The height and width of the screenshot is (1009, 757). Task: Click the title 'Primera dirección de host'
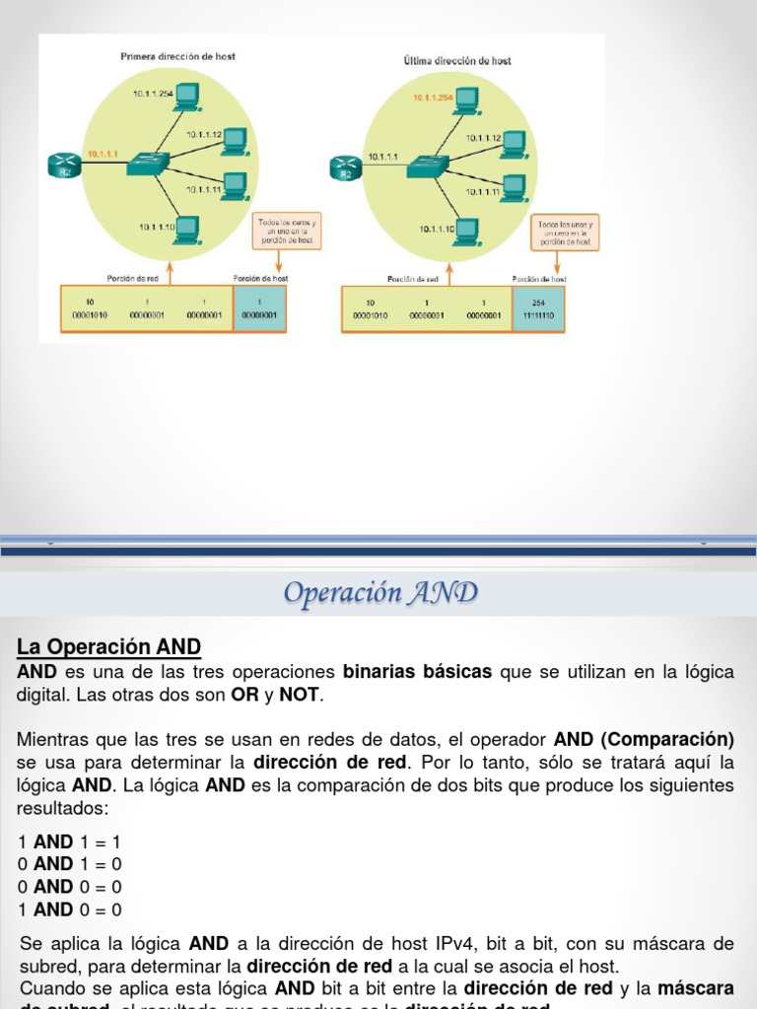[177, 57]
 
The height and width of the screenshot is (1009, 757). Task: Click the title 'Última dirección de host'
[457, 61]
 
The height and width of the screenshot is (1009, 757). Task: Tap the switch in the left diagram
[148, 163]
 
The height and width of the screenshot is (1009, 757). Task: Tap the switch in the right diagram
[429, 165]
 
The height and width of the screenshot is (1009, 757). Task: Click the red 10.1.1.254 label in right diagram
[433, 98]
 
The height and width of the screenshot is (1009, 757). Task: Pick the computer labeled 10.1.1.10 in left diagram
[185, 230]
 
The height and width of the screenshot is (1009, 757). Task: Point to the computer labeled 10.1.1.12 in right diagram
[513, 144]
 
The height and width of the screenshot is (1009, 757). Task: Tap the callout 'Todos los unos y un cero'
[565, 233]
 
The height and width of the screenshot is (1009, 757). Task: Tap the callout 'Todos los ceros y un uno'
[287, 231]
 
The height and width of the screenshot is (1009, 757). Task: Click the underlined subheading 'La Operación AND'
[108, 647]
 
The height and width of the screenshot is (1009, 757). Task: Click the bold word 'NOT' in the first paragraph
[300, 696]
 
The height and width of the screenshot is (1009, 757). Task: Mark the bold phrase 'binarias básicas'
[417, 672]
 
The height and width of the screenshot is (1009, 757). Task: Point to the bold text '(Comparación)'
[679, 739]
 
